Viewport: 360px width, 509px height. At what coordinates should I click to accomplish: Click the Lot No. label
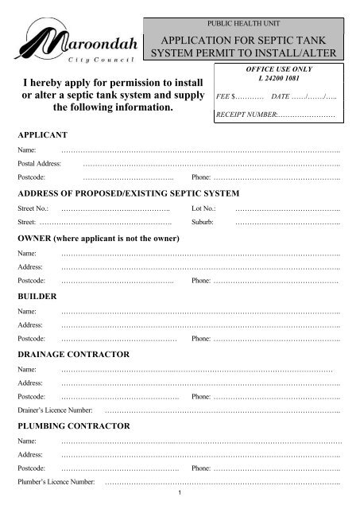tap(204, 208)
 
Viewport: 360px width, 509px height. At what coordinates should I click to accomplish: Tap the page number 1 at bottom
tap(180, 495)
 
